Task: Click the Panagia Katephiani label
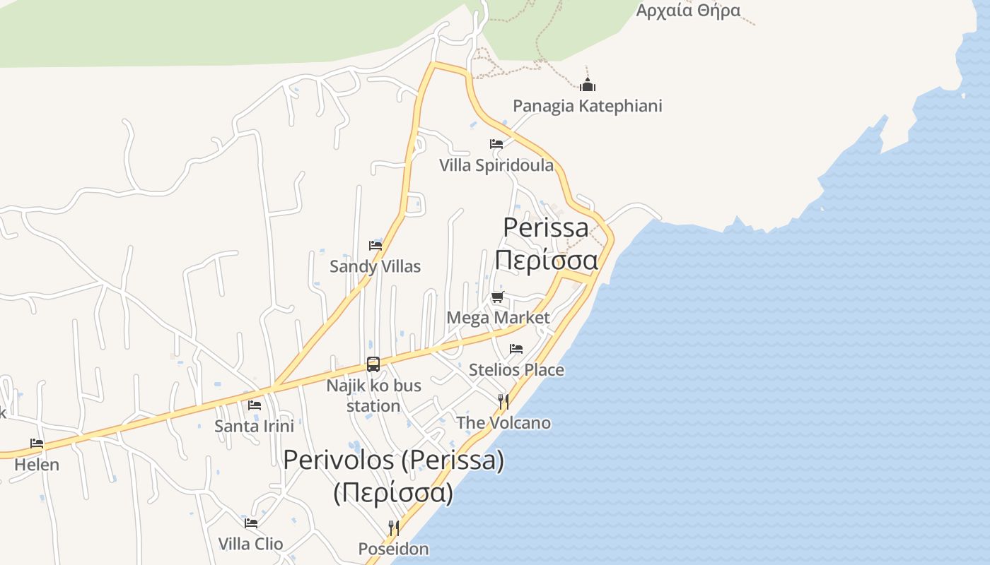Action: pos(587,106)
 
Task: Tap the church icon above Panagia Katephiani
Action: pos(588,85)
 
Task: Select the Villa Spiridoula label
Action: pos(496,165)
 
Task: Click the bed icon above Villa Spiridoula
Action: pos(496,144)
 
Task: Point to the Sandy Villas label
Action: pos(375,266)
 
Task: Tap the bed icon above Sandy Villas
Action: pos(375,246)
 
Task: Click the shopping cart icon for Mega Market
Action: pos(498,297)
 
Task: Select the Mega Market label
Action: pos(498,318)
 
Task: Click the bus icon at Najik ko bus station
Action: pos(373,364)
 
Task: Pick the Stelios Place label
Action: pos(516,369)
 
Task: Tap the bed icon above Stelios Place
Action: pos(516,349)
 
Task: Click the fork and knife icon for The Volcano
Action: pos(503,402)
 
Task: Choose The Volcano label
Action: pos(503,423)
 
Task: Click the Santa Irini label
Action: pos(254,426)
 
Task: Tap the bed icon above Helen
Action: pos(37,444)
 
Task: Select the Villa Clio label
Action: pos(250,544)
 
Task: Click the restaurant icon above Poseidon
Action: pos(394,528)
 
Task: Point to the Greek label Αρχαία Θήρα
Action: pos(688,10)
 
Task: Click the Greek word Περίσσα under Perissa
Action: pos(546,260)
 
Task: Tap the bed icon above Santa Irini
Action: pos(255,405)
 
